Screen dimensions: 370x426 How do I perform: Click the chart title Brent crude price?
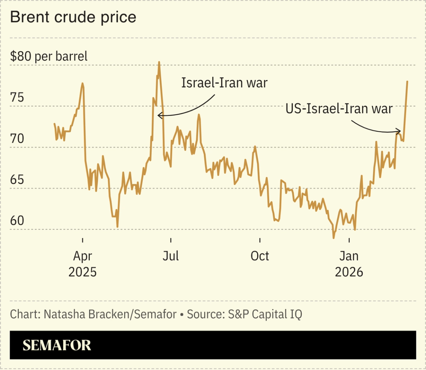73,17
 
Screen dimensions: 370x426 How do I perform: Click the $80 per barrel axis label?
49,56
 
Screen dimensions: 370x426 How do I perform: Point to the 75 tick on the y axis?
17,98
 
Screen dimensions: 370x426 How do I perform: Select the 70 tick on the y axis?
17,139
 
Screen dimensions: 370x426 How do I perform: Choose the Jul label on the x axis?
171,256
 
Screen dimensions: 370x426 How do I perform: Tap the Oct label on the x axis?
260,256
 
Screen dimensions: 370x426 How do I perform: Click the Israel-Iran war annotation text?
224,83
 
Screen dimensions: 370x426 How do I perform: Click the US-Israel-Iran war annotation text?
339,109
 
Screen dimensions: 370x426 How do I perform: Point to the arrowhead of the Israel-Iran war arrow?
159,116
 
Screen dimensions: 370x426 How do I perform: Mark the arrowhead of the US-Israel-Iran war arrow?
400,131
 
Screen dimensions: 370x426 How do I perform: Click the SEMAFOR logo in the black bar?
57,345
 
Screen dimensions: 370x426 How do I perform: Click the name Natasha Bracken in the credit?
87,314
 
